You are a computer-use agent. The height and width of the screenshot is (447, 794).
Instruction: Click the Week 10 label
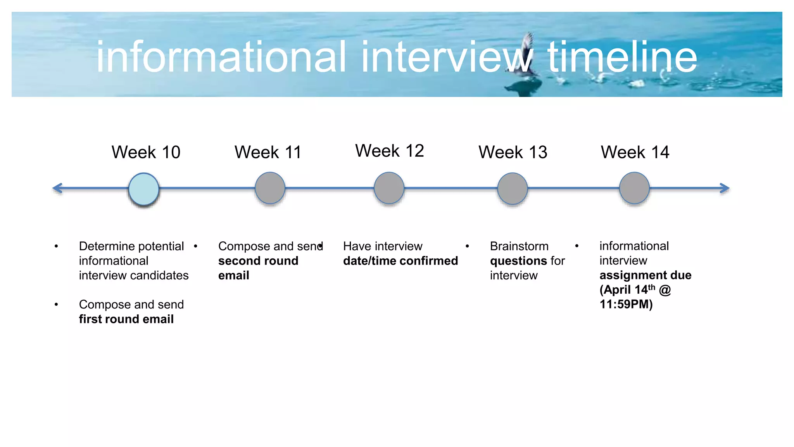pos(146,152)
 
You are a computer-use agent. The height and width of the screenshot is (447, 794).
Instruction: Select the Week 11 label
pos(268,152)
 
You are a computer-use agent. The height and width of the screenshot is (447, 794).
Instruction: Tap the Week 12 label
pos(389,151)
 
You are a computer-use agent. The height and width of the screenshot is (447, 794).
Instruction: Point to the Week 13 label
pos(513,152)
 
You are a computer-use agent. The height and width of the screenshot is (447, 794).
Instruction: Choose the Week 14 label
pos(635,152)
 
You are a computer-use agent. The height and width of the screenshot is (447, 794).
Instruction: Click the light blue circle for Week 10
pos(144,189)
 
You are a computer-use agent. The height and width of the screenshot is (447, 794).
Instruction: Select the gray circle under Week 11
pos(270,188)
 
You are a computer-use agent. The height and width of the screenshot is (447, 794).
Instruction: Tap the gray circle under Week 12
pos(389,188)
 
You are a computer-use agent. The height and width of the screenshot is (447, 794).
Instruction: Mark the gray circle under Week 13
pos(512,189)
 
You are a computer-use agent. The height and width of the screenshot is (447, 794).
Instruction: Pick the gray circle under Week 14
pos(634,188)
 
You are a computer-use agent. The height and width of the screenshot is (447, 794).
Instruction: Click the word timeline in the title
pos(622,57)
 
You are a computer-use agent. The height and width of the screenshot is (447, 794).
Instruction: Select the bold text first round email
pos(126,319)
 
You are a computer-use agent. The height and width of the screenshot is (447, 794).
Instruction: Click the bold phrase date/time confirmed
pos(400,261)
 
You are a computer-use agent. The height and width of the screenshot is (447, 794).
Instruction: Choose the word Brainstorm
pos(519,246)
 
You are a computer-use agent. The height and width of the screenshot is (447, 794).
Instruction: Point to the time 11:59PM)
pos(626,304)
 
